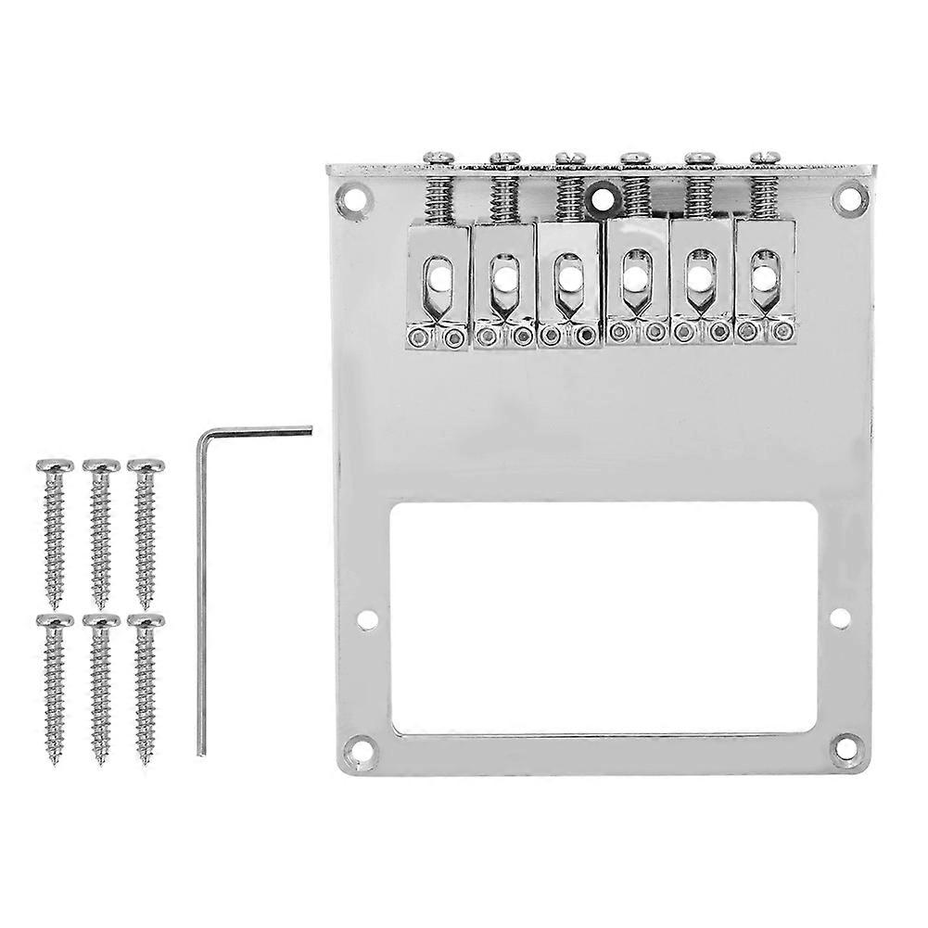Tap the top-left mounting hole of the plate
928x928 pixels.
click(x=352, y=197)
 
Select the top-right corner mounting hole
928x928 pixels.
click(x=848, y=197)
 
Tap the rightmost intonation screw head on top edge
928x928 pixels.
click(x=767, y=159)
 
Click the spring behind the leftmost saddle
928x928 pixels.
click(x=437, y=198)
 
